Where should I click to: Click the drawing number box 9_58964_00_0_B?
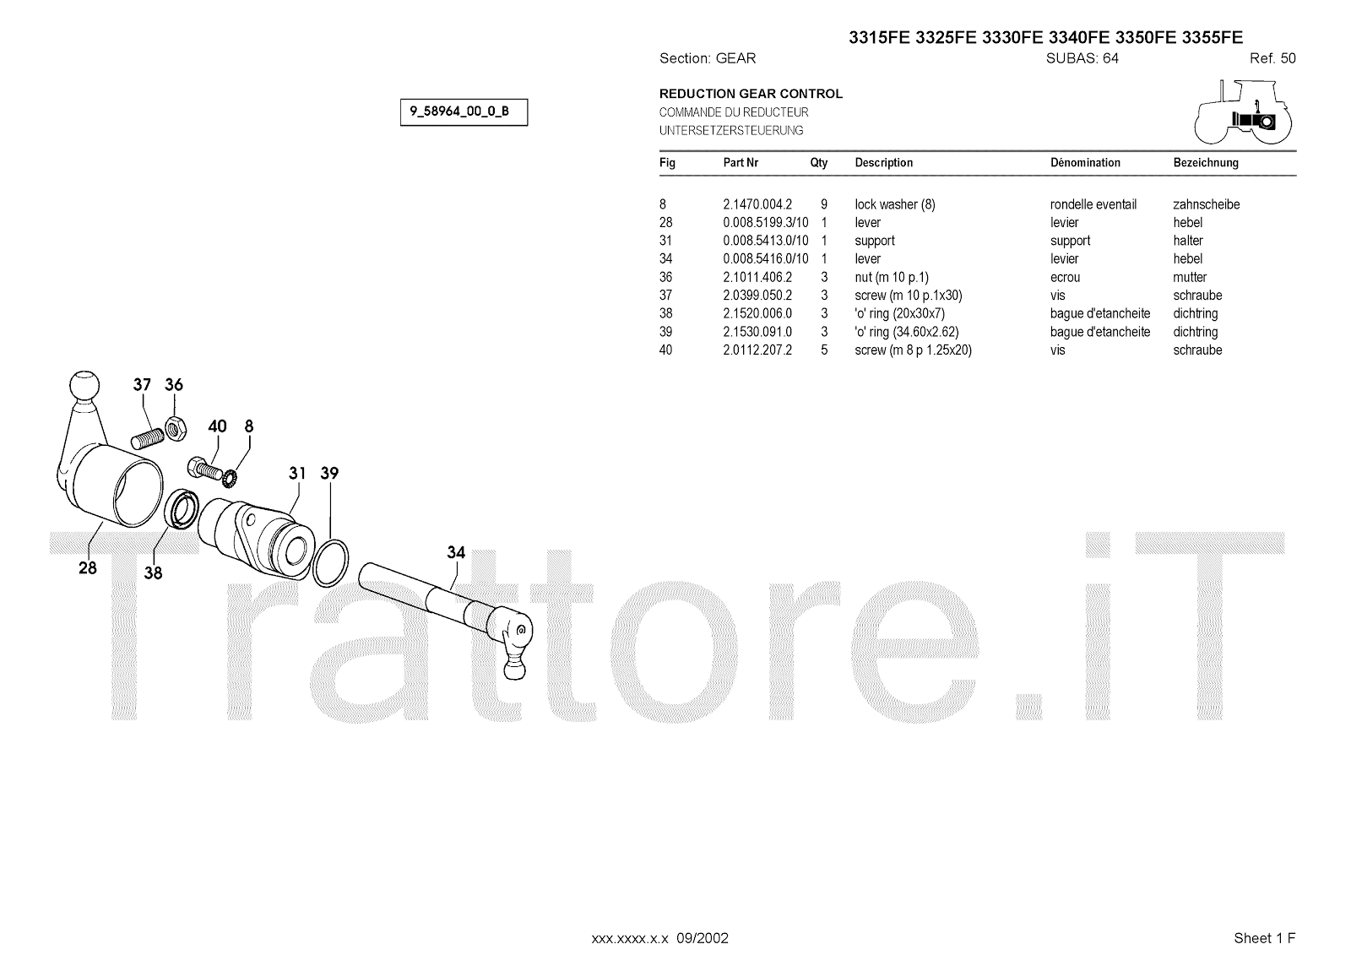pyautogui.click(x=464, y=112)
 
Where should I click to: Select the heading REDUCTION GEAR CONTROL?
pyautogui.click(x=751, y=94)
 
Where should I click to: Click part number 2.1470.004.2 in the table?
pyautogui.click(x=757, y=204)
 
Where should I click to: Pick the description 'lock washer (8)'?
pyautogui.click(x=894, y=204)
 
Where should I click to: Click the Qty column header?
pyautogui.click(x=818, y=163)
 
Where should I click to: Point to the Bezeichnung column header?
pyautogui.click(x=1205, y=163)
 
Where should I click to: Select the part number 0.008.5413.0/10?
pyautogui.click(x=765, y=241)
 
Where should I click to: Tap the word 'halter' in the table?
pyautogui.click(x=1187, y=241)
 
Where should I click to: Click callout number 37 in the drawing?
pyautogui.click(x=142, y=385)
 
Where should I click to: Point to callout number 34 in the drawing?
pyautogui.click(x=456, y=552)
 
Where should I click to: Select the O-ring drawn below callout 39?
pyautogui.click(x=330, y=562)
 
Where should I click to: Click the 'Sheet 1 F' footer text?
pyautogui.click(x=1264, y=938)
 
